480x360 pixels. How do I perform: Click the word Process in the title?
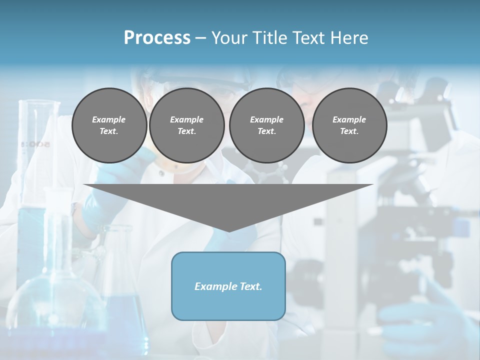(157, 38)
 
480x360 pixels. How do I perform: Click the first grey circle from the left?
(109, 125)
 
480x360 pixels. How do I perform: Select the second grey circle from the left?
(186, 125)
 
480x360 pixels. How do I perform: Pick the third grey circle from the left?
(266, 125)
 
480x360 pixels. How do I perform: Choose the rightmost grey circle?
(349, 125)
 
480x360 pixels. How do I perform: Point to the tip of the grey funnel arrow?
(229, 230)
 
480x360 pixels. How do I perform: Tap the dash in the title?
(201, 38)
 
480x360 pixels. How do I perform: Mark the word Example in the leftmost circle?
(109, 119)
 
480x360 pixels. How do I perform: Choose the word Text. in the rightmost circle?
(349, 131)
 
